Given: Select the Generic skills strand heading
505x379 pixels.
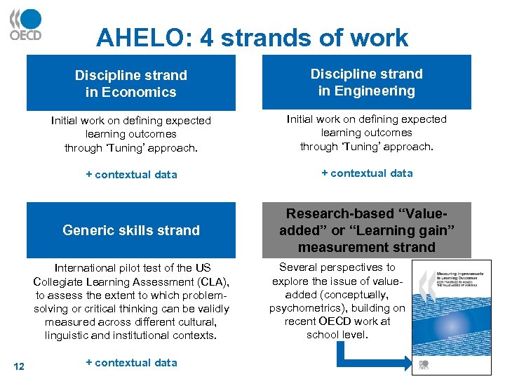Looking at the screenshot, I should (x=131, y=230).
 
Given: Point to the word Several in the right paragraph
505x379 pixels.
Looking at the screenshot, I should (x=299, y=267).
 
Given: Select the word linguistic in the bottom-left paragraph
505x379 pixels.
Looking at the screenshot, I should (x=69, y=335).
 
